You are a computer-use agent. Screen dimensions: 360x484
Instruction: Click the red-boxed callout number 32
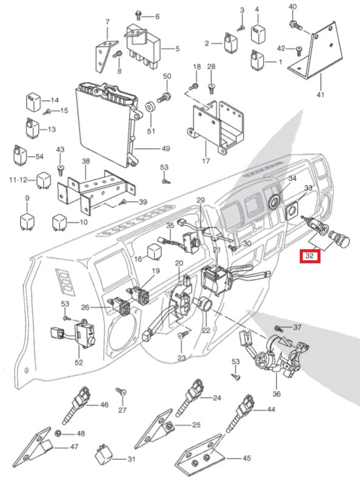tap(310, 256)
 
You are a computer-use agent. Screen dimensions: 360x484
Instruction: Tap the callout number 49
tap(166, 148)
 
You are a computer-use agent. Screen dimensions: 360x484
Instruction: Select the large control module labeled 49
tap(109, 123)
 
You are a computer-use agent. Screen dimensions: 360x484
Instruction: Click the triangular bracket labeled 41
tap(315, 52)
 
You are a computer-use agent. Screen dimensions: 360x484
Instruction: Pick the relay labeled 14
tap(32, 101)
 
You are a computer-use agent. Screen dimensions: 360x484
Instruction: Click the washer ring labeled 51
tap(151, 108)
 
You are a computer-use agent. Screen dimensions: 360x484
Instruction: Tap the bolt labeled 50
tap(164, 97)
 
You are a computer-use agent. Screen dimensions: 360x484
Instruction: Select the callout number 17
tap(206, 161)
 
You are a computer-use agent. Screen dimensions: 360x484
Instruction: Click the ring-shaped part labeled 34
tap(274, 201)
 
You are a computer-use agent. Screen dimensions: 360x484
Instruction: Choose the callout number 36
tap(276, 394)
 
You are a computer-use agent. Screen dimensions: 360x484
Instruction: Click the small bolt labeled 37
tap(278, 328)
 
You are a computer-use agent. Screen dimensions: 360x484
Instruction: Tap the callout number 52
tap(78, 362)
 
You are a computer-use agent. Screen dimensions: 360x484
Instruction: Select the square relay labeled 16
tap(154, 252)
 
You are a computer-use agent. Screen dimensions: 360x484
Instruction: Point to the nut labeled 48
tap(58, 434)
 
